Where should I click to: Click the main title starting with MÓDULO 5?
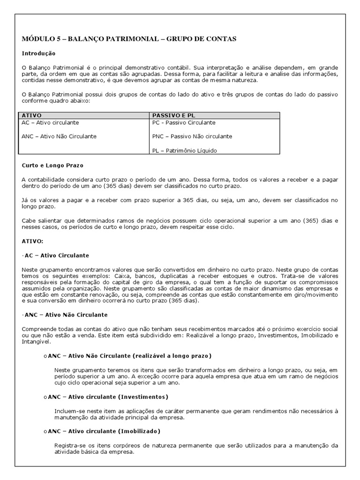tap(129, 38)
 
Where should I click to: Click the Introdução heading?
tap(38, 54)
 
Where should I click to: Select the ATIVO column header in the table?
tap(31, 115)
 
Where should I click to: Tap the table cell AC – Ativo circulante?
tap(50, 122)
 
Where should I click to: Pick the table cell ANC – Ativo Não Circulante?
tap(59, 136)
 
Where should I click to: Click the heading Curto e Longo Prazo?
tap(52, 165)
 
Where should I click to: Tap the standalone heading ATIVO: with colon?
tap(32, 241)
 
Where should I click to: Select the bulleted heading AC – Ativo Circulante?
tap(56, 255)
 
